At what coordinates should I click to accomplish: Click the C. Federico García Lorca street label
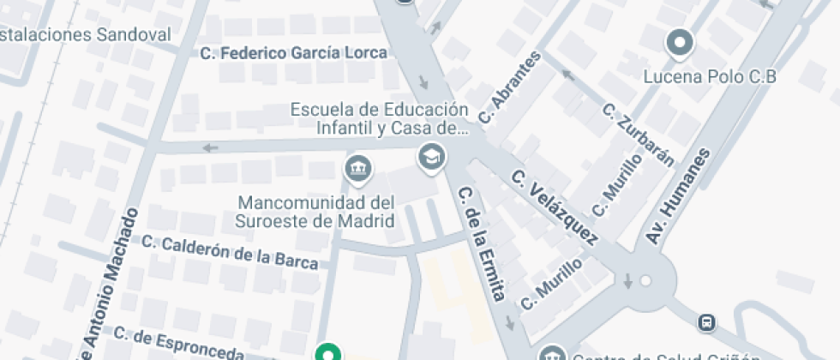[x=294, y=53]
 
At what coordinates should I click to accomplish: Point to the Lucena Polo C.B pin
[x=680, y=42]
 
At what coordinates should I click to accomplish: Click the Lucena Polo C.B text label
[x=710, y=77]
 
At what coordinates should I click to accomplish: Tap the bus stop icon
[x=707, y=323]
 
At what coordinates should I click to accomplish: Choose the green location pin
[x=327, y=352]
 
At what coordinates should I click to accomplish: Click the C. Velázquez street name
[x=555, y=206]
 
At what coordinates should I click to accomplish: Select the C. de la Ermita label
[x=481, y=243]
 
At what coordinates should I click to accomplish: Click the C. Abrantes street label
[x=510, y=87]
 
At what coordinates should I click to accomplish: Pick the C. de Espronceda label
[x=180, y=343]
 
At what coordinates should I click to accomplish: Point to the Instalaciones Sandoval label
[x=86, y=35]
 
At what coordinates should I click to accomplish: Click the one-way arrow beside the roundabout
[x=627, y=280]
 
